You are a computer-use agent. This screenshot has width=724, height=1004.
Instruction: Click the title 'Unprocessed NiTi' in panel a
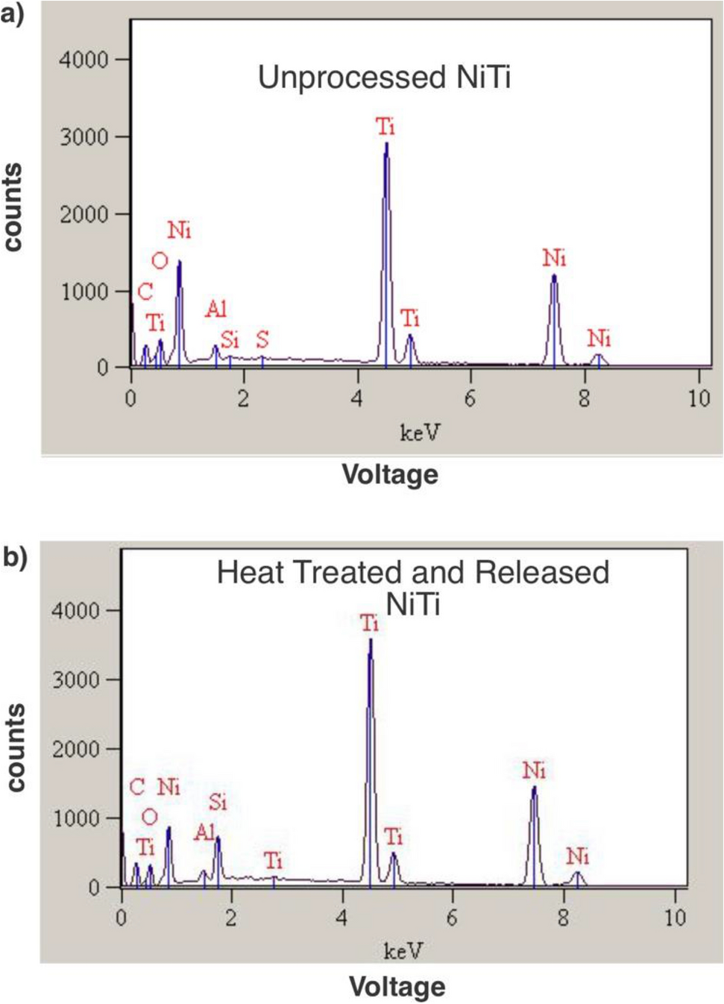coord(384,78)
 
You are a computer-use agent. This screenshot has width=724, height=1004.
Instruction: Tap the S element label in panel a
coord(262,340)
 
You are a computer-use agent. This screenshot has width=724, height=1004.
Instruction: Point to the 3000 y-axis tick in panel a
coord(84,137)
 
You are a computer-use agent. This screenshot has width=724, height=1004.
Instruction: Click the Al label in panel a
coord(215,309)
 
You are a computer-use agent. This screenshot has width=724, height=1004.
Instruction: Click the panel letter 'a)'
coord(13,13)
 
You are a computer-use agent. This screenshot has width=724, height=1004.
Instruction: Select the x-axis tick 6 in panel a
coord(470,399)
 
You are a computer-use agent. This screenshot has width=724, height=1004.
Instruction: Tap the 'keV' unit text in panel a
coord(420,433)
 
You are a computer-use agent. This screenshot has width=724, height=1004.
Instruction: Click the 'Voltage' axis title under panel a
coord(390,474)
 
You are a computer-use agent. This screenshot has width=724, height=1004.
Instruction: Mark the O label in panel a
coord(160,261)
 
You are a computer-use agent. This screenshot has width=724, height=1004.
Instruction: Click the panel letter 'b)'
coord(15,557)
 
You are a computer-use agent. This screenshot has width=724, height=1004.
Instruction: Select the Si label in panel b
coord(218,803)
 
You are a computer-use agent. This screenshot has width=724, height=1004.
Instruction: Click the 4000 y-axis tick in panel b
coord(75,611)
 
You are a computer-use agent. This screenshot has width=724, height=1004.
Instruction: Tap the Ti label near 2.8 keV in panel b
coord(274,862)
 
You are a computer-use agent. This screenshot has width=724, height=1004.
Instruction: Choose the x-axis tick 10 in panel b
coord(675,917)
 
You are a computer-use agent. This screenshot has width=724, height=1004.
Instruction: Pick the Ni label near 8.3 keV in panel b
coord(577,856)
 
